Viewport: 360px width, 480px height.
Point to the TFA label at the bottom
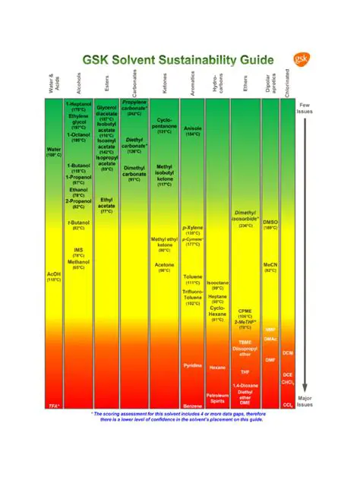point(54,406)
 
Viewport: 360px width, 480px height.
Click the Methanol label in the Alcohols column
point(78,262)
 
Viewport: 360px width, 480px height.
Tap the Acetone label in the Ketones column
point(165,267)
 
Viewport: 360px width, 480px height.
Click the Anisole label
point(193,129)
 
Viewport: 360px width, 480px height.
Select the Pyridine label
point(193,365)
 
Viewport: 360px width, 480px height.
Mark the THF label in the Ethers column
point(245,372)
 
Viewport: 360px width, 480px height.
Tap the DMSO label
point(270,222)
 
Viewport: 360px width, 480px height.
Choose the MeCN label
point(270,267)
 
